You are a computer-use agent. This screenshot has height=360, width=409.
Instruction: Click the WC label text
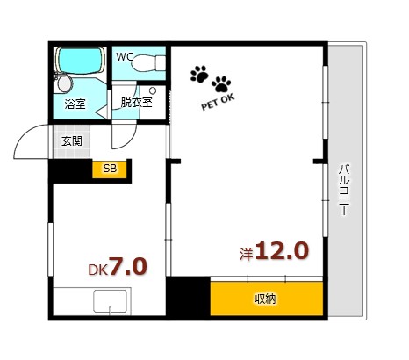(126, 57)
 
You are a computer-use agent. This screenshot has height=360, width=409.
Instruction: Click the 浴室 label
(75, 104)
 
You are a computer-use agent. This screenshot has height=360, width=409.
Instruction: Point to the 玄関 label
(71, 140)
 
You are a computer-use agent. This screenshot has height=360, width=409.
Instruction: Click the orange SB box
(111, 169)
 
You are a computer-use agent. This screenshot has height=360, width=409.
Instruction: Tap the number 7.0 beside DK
(128, 266)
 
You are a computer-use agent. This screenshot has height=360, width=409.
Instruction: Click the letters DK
(97, 270)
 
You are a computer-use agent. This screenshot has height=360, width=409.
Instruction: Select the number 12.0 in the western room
(282, 252)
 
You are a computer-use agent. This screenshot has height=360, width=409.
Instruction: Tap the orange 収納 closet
(266, 298)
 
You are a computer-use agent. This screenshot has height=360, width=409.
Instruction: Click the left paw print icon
(199, 73)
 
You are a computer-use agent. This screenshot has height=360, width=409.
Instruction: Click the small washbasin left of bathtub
(62, 83)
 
